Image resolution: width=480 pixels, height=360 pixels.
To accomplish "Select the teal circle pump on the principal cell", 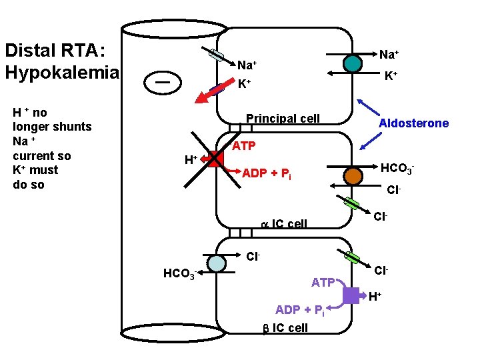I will click(353, 63).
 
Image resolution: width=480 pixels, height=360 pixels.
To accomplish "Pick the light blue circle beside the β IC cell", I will click(217, 264).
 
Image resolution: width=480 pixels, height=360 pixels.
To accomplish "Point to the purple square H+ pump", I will click(351, 295).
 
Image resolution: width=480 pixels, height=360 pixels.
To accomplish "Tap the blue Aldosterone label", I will click(413, 123).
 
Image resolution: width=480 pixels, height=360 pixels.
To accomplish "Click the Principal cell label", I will click(283, 119).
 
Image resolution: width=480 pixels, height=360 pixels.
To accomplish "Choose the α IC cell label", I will click(283, 223).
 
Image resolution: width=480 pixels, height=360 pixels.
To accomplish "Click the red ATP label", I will click(243, 145).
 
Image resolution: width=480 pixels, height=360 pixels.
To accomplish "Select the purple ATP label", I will click(323, 283).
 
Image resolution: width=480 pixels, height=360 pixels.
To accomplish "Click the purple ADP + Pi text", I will click(300, 310).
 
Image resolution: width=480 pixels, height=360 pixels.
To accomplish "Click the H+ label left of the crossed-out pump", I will click(191, 160).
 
